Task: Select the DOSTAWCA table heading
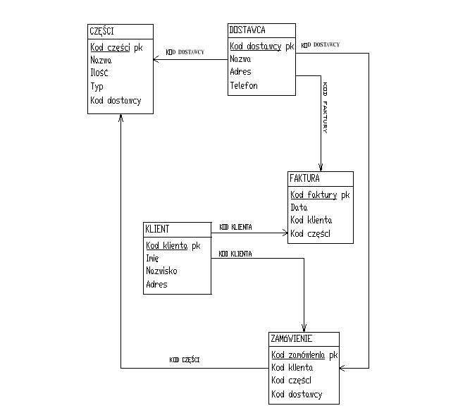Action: (x=247, y=30)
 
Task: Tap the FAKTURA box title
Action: (x=304, y=178)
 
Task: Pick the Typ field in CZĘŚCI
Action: (x=97, y=87)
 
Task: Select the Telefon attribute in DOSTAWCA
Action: (x=244, y=86)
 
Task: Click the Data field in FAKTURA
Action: (x=299, y=208)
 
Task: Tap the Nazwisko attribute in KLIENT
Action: (x=161, y=271)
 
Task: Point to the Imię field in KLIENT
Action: (x=152, y=258)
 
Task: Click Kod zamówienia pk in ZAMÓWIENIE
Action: (x=305, y=355)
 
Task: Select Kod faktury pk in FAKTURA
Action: (x=320, y=195)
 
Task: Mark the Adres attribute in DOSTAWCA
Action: (x=240, y=72)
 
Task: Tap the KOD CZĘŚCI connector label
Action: (x=185, y=360)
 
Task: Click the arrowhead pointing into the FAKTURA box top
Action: (x=321, y=167)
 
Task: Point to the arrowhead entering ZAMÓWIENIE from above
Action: (x=304, y=327)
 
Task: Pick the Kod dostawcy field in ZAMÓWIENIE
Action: (x=297, y=395)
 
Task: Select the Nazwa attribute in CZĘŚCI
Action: (x=101, y=61)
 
